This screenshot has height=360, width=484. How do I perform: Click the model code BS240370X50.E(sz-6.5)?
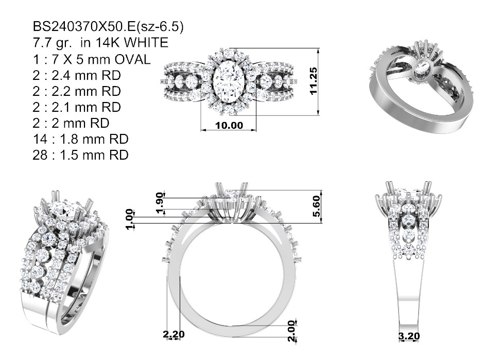pyautogui.click(x=108, y=27)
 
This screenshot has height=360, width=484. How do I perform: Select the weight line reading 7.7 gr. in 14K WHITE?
pyautogui.click(x=100, y=43)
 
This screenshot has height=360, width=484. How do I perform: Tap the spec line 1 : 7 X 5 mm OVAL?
pyautogui.click(x=92, y=59)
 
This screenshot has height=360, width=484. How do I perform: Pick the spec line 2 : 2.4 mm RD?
pyautogui.click(x=77, y=75)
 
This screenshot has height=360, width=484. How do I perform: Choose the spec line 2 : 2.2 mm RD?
pyautogui.click(x=77, y=91)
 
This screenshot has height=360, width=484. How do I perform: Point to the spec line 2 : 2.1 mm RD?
pyautogui.click(x=77, y=107)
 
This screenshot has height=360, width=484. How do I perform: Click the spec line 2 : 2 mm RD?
pyautogui.click(x=71, y=123)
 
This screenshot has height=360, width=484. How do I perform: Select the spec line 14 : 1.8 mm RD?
pyautogui.click(x=80, y=139)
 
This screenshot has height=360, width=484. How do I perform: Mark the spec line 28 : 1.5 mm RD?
pyautogui.click(x=80, y=156)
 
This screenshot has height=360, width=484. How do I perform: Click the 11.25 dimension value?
pyautogui.click(x=313, y=81)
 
